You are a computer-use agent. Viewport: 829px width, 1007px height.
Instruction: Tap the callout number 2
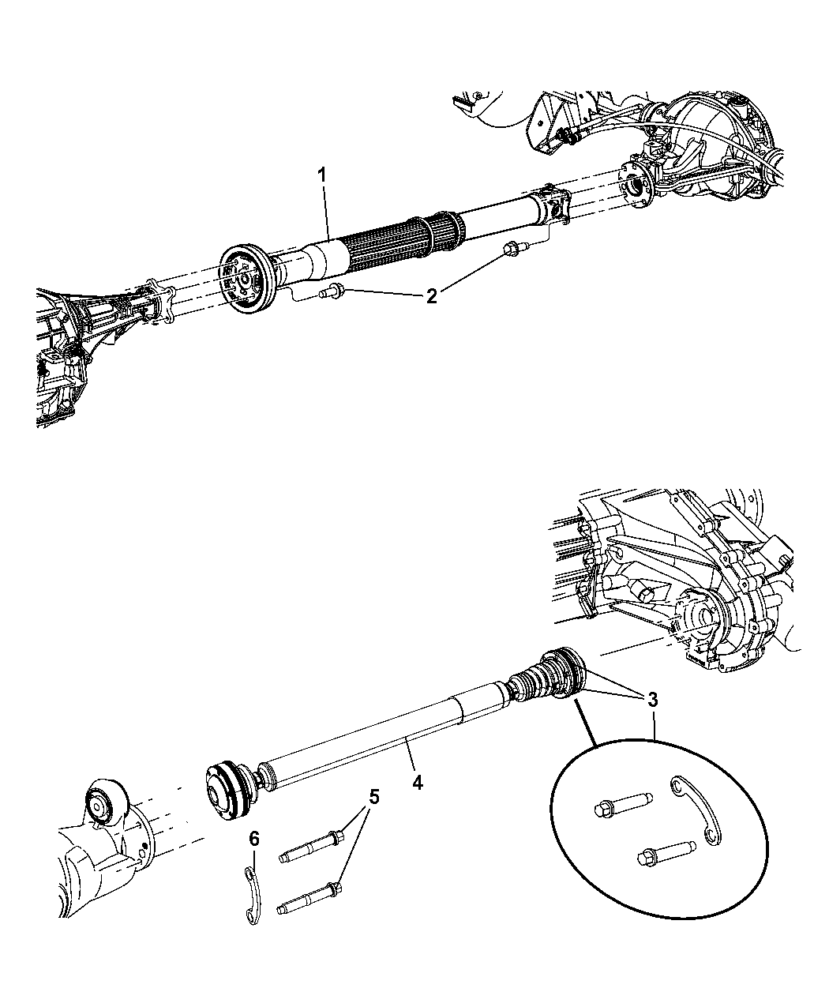coord(431,297)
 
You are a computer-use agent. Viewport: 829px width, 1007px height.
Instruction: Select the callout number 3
coord(652,700)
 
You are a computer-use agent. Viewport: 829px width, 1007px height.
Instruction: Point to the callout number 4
coord(417,783)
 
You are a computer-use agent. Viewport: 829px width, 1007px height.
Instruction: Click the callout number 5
coord(373,796)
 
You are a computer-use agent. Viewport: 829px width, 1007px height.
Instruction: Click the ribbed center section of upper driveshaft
coord(387,237)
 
